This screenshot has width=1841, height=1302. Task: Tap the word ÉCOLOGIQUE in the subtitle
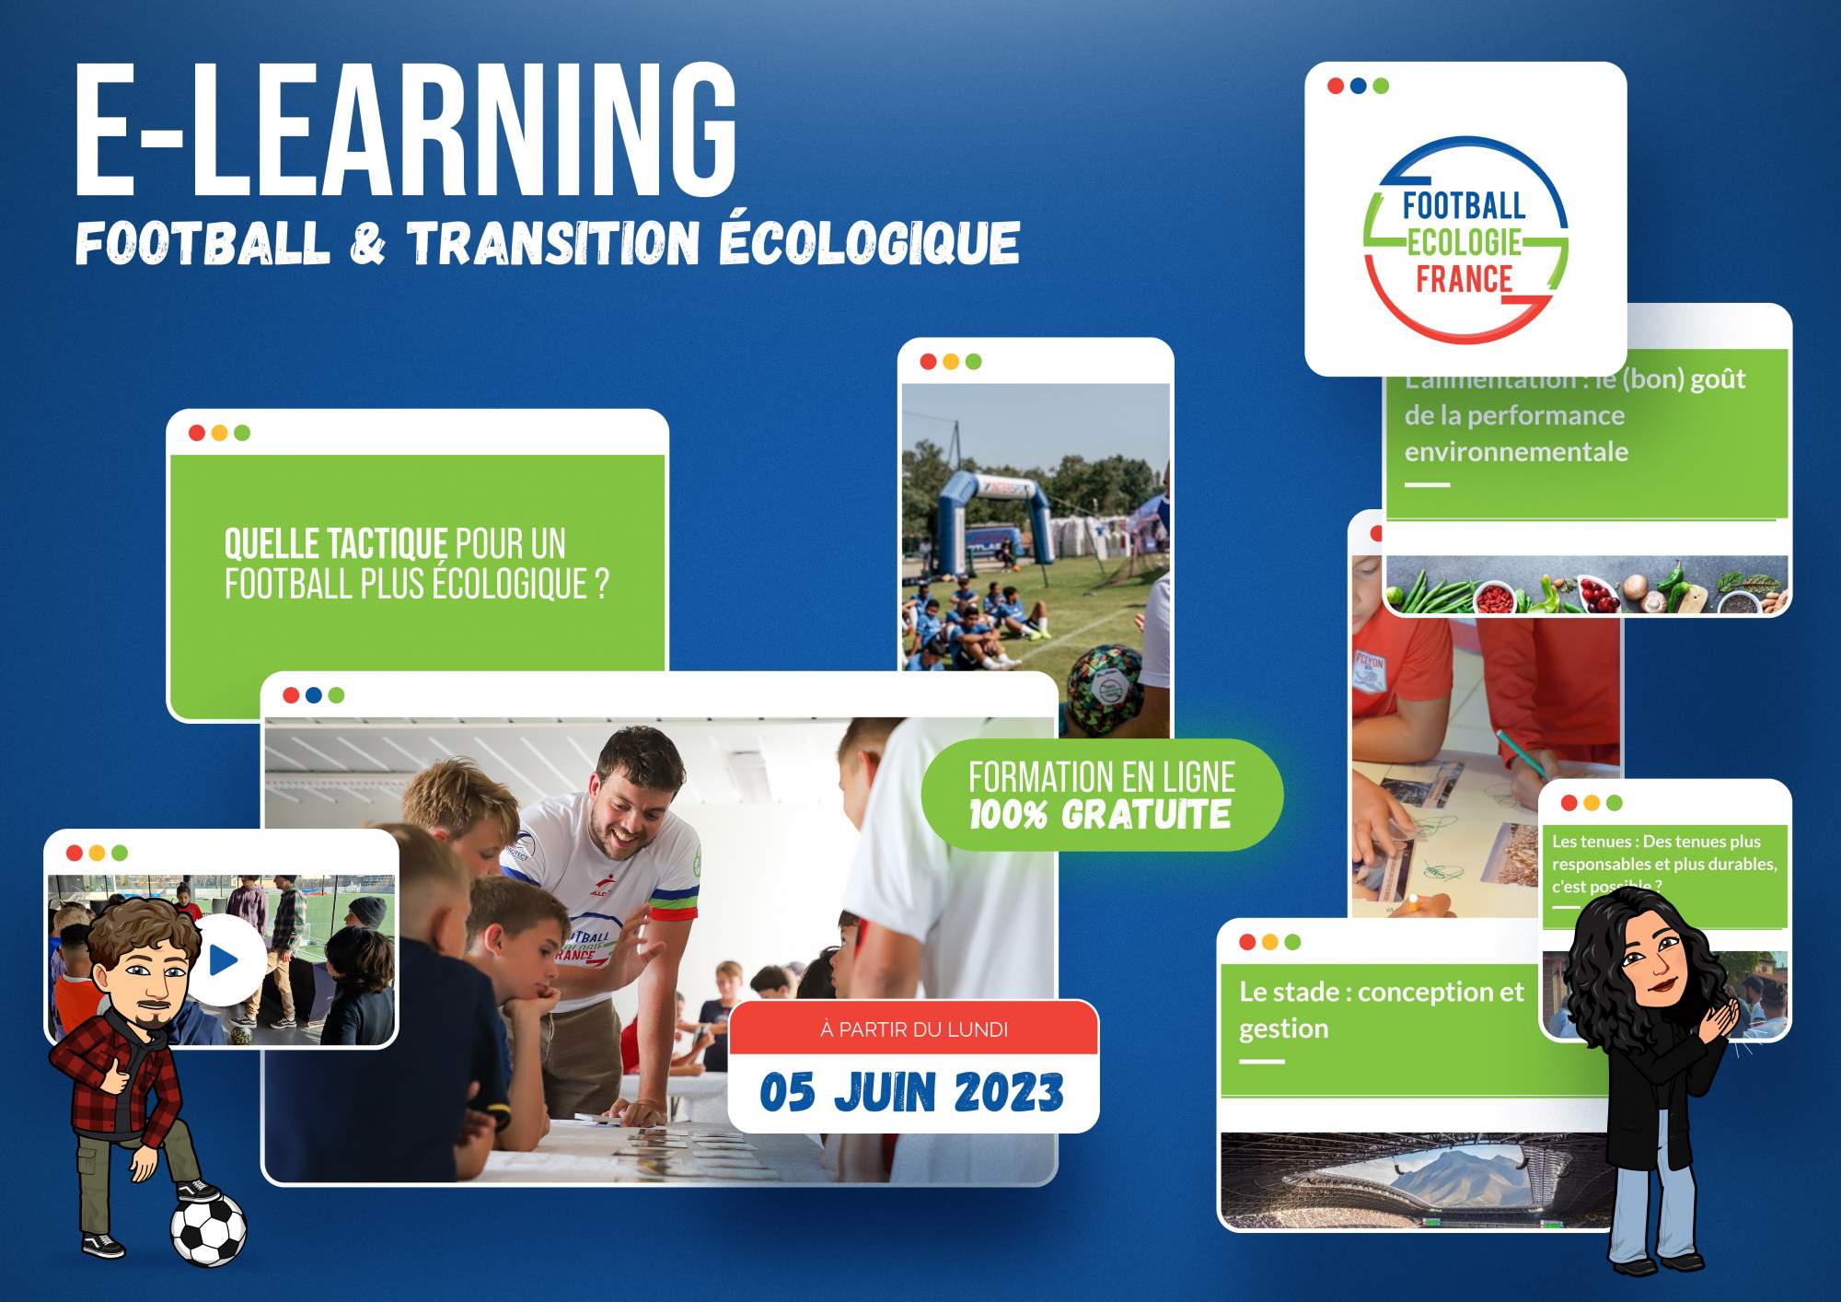[x=870, y=242]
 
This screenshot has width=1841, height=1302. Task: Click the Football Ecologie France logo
[x=1465, y=241]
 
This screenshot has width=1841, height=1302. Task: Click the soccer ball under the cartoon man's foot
[x=209, y=1230]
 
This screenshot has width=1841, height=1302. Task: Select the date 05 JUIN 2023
[x=911, y=1093]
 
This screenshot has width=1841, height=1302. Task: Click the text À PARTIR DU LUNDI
[x=913, y=1029]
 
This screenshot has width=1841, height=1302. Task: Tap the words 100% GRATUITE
[x=1100, y=815]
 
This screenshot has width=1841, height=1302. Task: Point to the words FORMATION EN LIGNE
[x=1101, y=777]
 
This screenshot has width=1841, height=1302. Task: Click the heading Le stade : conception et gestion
[x=1381, y=1009]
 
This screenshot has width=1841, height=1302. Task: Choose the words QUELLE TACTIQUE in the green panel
[x=336, y=544]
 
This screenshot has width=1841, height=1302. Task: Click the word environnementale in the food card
[x=1516, y=452]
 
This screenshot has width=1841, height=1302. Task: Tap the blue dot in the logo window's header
[x=1358, y=86]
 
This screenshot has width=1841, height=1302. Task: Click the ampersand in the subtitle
[x=368, y=244]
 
